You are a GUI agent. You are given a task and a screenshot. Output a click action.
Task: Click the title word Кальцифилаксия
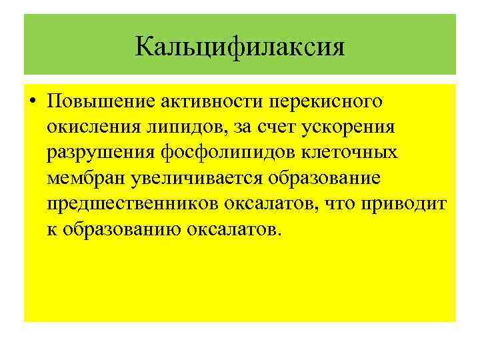click(240, 47)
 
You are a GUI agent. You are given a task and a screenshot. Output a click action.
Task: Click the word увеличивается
click(185, 179)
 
